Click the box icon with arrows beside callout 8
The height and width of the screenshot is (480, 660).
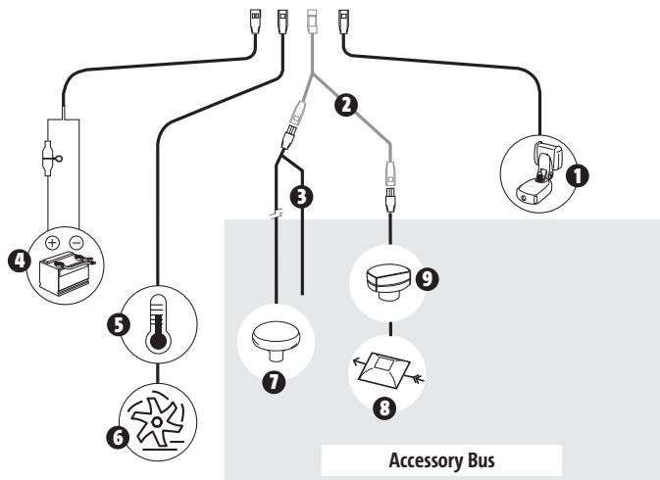(389, 370)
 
